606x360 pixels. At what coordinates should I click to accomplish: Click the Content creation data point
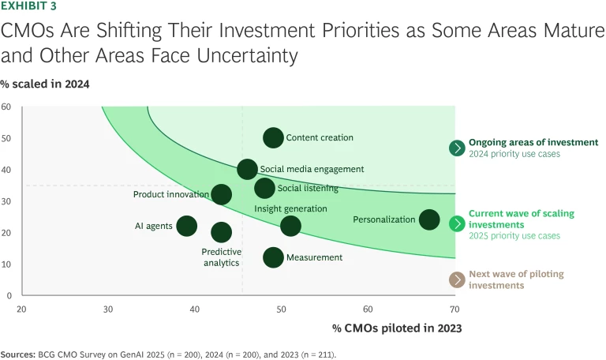click(273, 137)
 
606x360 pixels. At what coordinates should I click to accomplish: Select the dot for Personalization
click(429, 219)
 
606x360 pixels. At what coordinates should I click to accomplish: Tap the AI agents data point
click(186, 226)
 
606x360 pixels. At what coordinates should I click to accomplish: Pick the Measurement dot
click(273, 257)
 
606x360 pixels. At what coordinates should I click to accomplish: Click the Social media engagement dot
click(247, 169)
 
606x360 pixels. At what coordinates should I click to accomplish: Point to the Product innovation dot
click(222, 194)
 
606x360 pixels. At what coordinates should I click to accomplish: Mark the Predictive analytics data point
click(222, 232)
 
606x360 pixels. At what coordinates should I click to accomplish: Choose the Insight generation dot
click(290, 226)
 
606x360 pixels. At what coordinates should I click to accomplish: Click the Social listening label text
click(308, 189)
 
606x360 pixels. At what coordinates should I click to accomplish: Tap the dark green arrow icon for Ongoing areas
click(456, 148)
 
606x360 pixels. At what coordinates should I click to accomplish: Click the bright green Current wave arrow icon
click(456, 223)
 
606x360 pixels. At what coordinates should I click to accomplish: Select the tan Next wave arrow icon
click(456, 279)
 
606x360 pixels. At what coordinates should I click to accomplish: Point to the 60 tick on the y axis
click(6, 107)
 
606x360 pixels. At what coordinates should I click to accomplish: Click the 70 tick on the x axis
click(454, 309)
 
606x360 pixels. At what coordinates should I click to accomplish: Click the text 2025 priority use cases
click(514, 236)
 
